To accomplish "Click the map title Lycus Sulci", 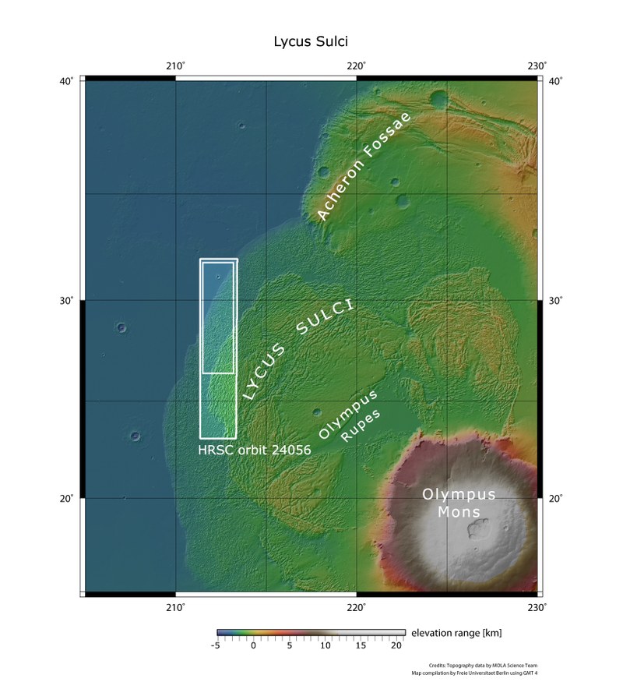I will point(315,40).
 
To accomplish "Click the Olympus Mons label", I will point(459,503).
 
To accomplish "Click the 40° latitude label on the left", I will point(68,81).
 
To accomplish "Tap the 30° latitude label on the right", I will point(555,301).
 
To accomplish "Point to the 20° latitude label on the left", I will point(68,499).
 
